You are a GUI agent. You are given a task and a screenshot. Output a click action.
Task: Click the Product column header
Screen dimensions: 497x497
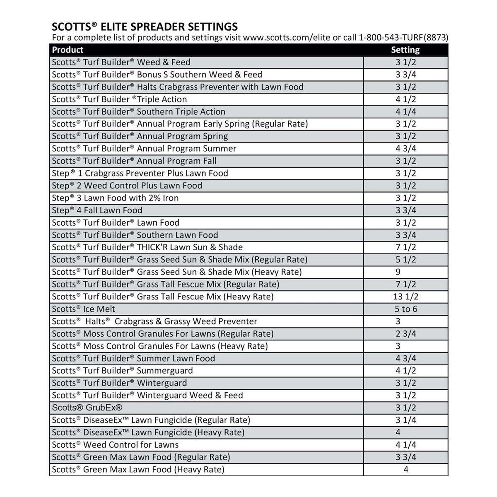[68, 50]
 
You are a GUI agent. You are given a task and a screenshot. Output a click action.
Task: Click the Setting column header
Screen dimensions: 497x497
[405, 50]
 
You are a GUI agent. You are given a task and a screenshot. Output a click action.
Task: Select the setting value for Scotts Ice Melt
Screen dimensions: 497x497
[406, 309]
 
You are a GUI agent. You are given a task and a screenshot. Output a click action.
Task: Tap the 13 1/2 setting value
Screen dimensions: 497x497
[406, 297]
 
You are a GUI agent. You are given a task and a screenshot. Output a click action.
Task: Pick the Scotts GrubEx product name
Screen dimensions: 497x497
[87, 408]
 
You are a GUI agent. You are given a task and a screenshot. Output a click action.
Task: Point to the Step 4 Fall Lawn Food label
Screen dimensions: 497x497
[97, 210]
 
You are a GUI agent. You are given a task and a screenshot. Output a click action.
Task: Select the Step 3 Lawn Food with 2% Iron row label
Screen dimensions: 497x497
[115, 198]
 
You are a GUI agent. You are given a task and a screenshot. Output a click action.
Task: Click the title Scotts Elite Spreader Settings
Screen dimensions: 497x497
[145, 27]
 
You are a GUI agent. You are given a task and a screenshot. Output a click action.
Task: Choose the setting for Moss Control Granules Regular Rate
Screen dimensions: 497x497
[406, 334]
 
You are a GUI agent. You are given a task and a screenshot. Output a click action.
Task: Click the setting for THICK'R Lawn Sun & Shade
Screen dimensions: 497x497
[406, 247]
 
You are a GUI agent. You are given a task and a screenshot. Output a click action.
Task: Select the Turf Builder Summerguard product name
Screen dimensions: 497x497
[122, 371]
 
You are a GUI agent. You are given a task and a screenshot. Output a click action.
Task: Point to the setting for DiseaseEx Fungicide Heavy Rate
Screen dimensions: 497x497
[398, 432]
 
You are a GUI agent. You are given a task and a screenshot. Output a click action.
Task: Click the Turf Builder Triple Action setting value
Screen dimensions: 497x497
[406, 99]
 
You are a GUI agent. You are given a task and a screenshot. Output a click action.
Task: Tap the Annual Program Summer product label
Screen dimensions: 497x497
[144, 149]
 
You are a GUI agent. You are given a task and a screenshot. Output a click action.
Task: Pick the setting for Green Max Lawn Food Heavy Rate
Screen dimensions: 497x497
[406, 470]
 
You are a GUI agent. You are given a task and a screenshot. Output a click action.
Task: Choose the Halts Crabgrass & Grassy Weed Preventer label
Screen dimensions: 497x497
[154, 321]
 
